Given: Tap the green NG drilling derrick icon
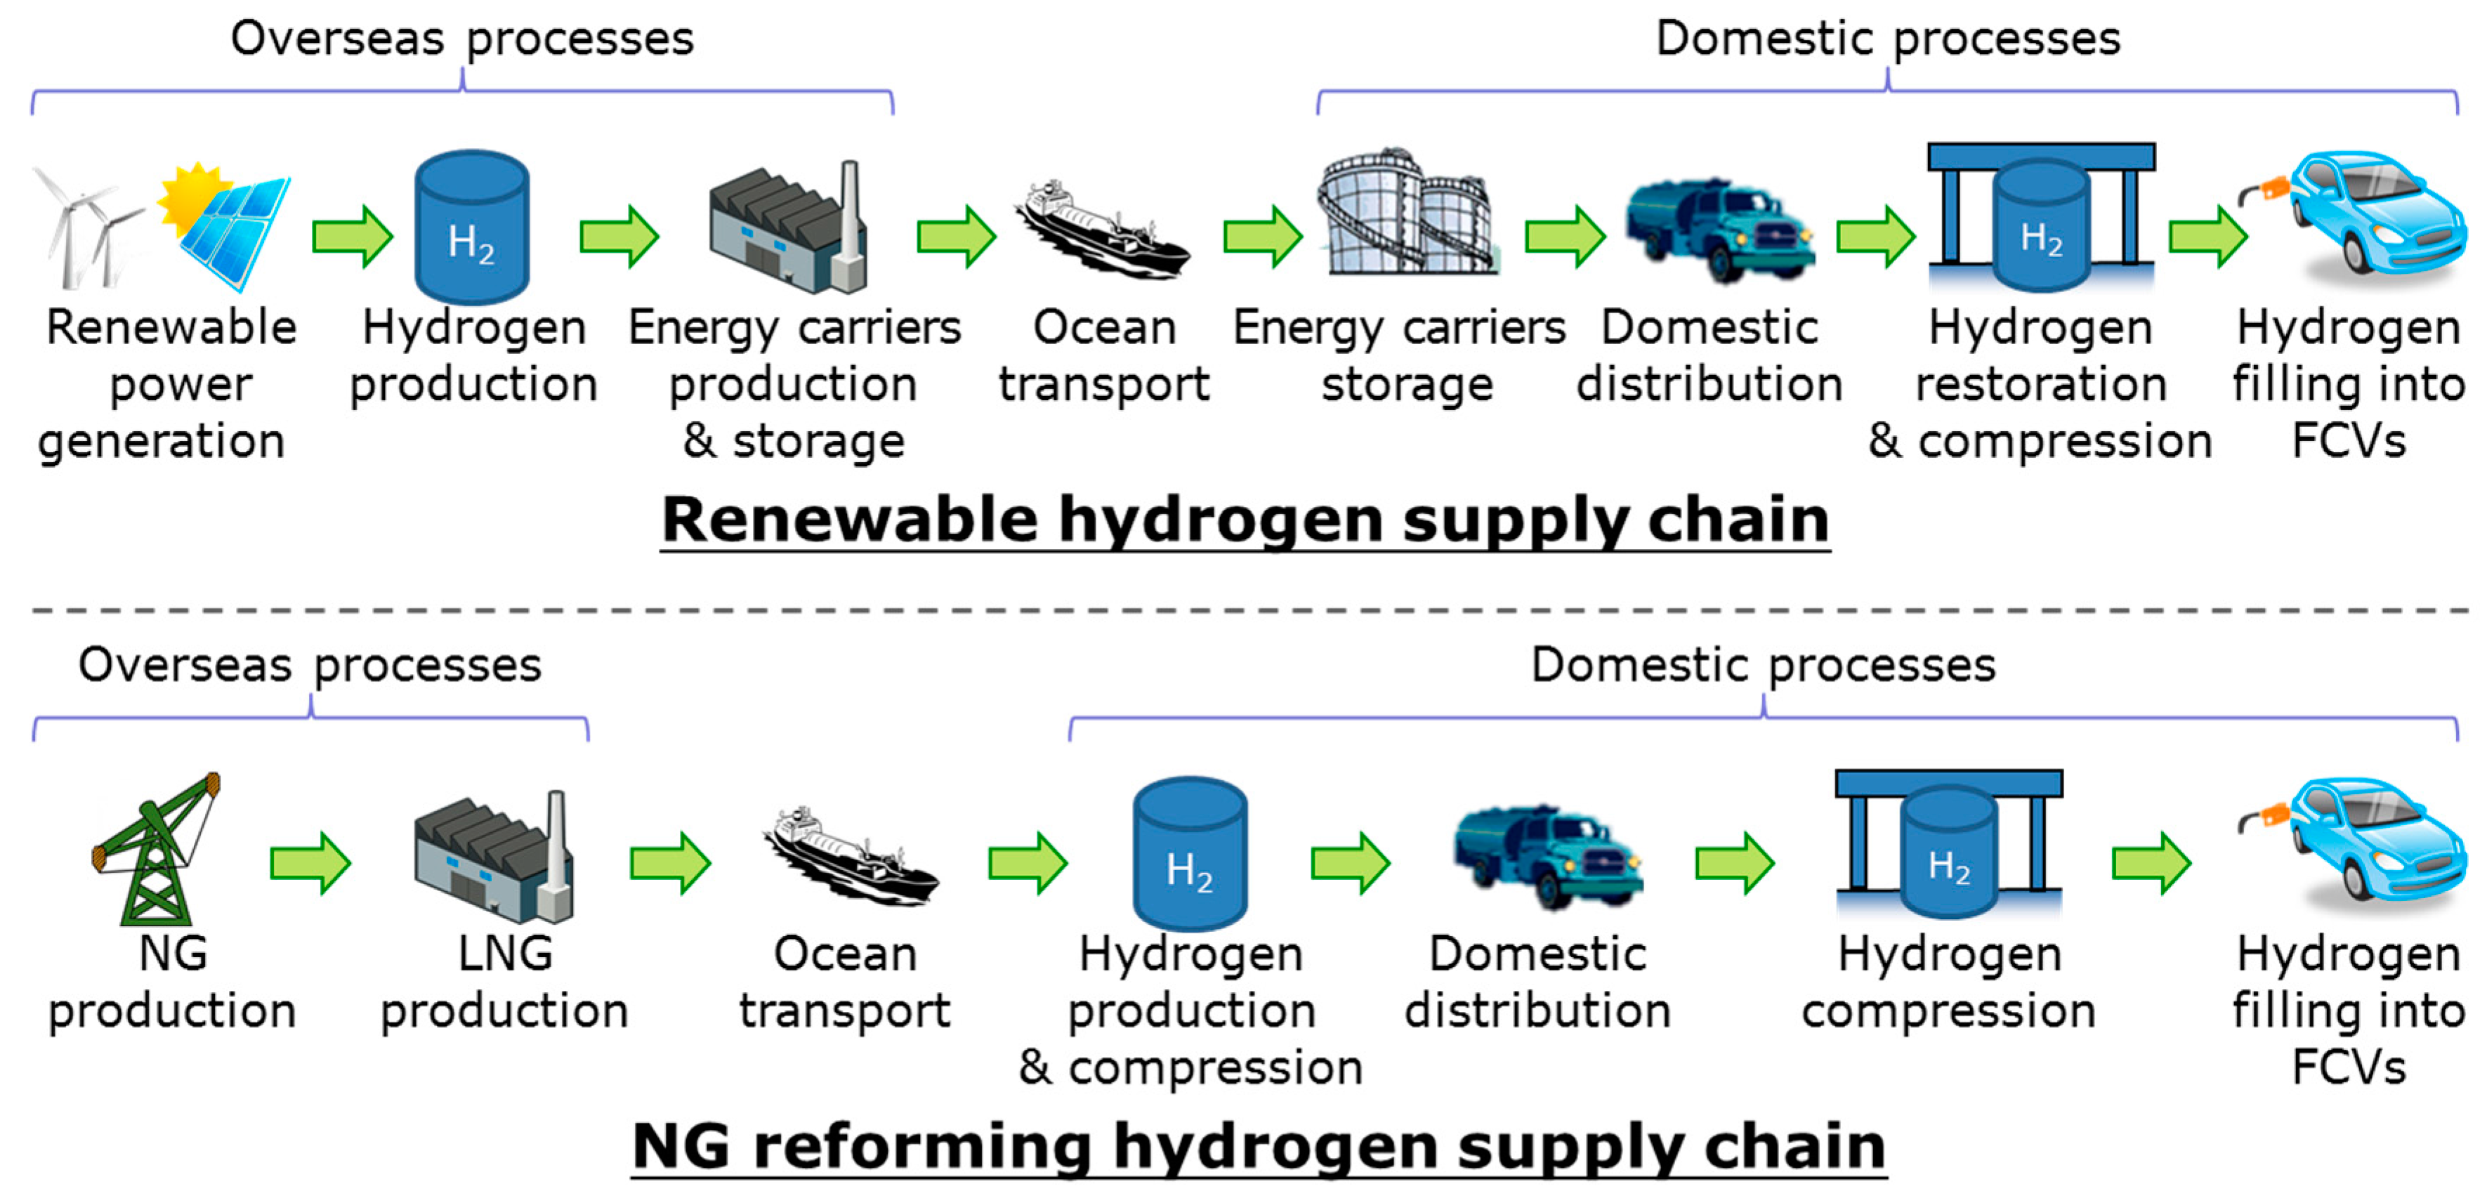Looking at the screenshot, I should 155,850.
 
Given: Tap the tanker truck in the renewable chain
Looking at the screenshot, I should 1719,232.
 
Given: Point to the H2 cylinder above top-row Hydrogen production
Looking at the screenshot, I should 471,228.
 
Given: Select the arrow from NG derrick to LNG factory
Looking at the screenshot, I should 309,863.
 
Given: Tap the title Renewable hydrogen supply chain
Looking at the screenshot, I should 1245,520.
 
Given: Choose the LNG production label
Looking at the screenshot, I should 504,982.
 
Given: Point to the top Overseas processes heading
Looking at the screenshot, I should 461,39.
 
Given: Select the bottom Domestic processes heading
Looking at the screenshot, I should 1763,665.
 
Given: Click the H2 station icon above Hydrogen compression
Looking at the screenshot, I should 1948,845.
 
